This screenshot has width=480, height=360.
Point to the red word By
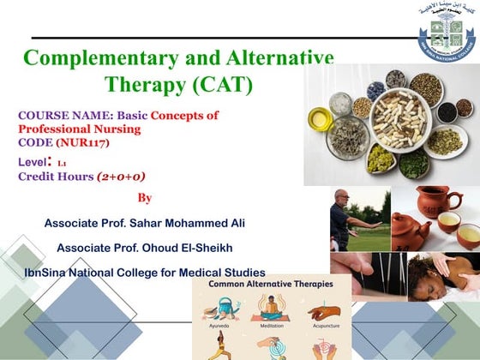145,198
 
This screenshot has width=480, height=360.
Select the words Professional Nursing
79,129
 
